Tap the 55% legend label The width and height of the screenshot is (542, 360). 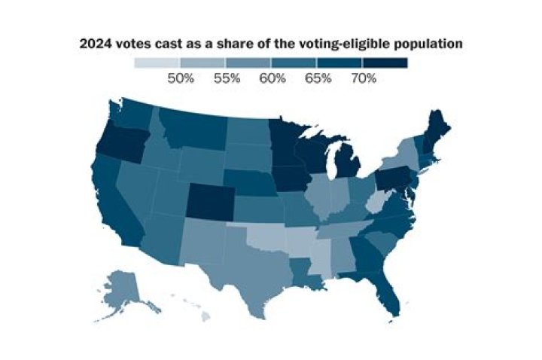tap(226, 78)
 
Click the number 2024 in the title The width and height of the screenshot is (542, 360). tap(97, 44)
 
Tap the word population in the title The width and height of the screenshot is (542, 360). tap(425, 44)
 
